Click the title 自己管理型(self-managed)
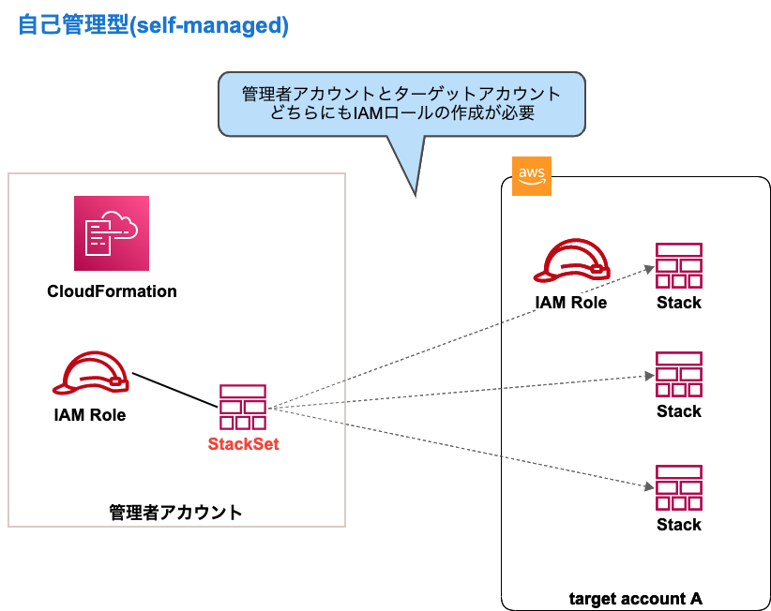[x=154, y=25]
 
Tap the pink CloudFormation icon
[x=112, y=233]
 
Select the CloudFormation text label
[x=112, y=291]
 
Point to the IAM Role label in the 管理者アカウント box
[x=90, y=414]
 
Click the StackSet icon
[x=243, y=407]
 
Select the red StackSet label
[x=243, y=444]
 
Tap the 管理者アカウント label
[x=175, y=513]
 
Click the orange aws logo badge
[x=531, y=176]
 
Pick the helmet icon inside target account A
[x=571, y=262]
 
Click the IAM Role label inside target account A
[x=570, y=303]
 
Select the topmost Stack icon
[x=679, y=266]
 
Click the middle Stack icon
[x=679, y=375]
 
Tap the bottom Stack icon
[x=679, y=487]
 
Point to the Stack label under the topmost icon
[x=679, y=303]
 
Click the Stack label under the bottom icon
[x=679, y=524]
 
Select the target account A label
[x=636, y=598]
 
